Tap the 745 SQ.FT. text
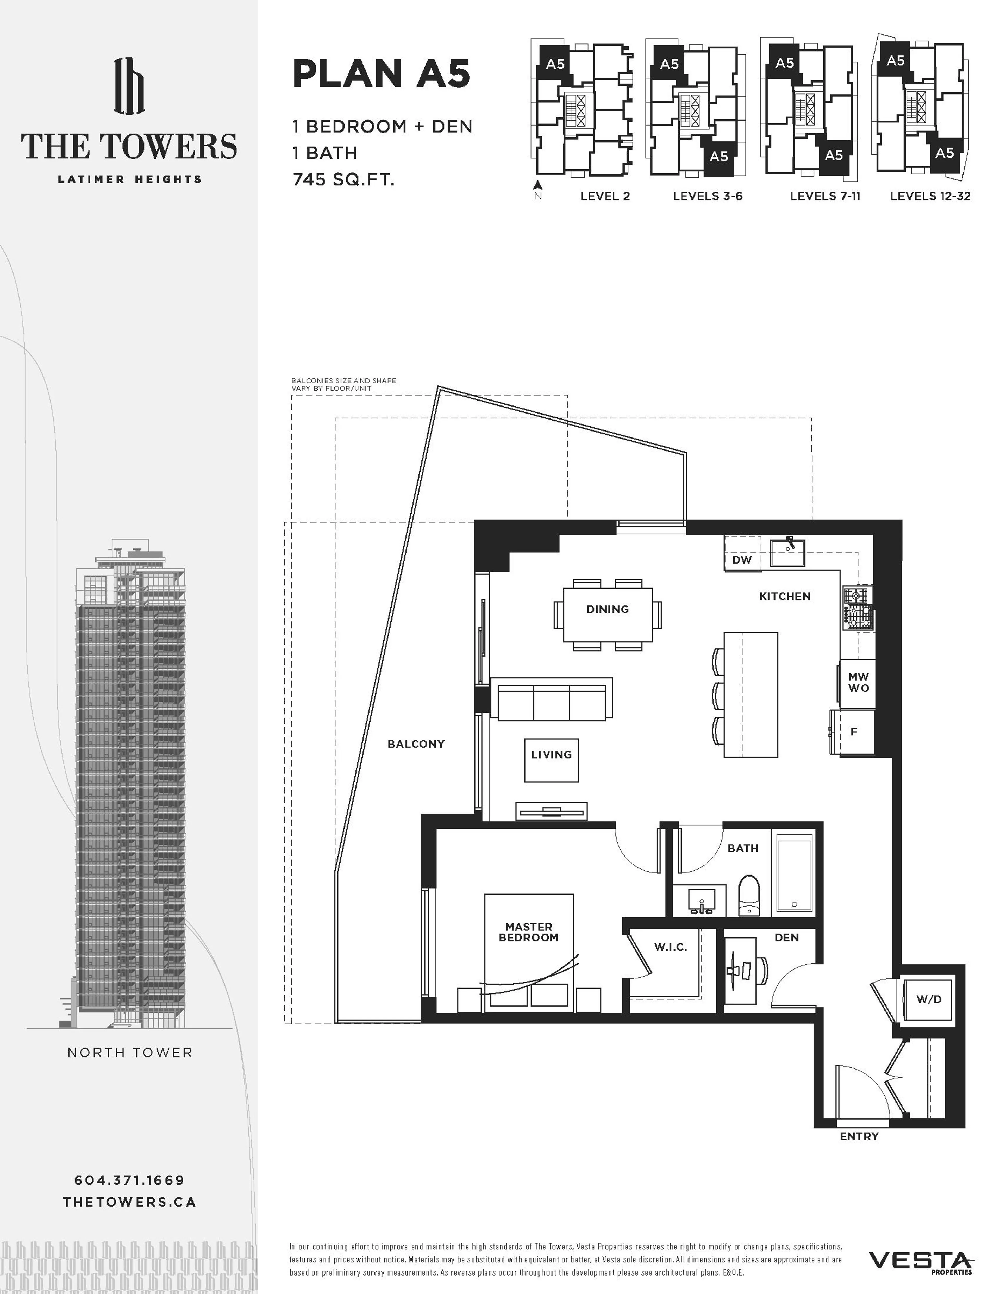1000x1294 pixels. coord(343,179)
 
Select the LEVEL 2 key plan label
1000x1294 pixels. coord(605,196)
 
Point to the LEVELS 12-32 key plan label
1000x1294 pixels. coord(930,196)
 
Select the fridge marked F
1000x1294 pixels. coord(854,732)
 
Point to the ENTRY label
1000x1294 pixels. coord(859,1136)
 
